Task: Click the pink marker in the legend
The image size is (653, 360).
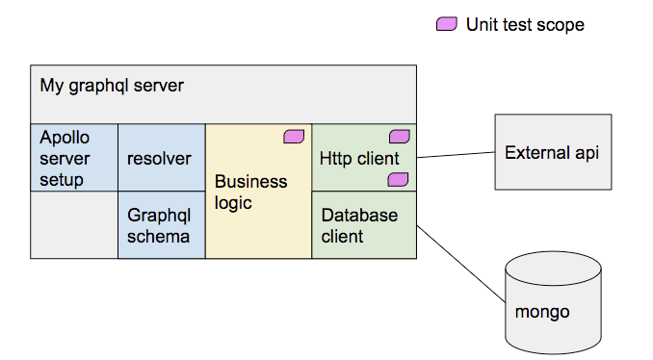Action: (x=446, y=25)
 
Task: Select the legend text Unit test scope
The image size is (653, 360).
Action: (x=525, y=25)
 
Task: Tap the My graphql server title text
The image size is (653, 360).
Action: (x=112, y=86)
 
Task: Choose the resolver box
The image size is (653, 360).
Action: (x=161, y=158)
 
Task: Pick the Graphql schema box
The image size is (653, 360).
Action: (x=161, y=225)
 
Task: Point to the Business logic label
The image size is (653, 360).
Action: (x=250, y=192)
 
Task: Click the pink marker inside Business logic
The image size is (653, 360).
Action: (x=294, y=137)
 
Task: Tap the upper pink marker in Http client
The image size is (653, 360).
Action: (x=399, y=137)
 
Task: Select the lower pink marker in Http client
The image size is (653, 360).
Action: (x=398, y=180)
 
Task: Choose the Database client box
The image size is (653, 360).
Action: (x=363, y=225)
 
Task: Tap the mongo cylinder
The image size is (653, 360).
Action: (x=553, y=304)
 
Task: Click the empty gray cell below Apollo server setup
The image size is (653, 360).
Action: (x=74, y=225)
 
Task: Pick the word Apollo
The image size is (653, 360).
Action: (x=65, y=138)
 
